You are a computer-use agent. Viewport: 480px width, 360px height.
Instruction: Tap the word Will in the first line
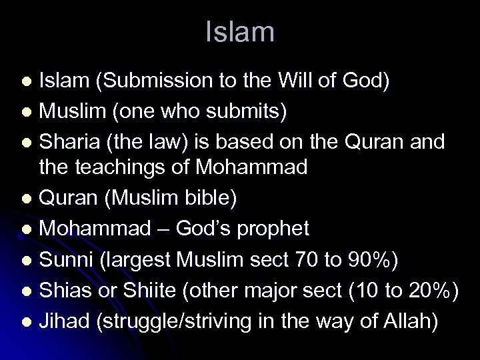pos(299,81)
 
